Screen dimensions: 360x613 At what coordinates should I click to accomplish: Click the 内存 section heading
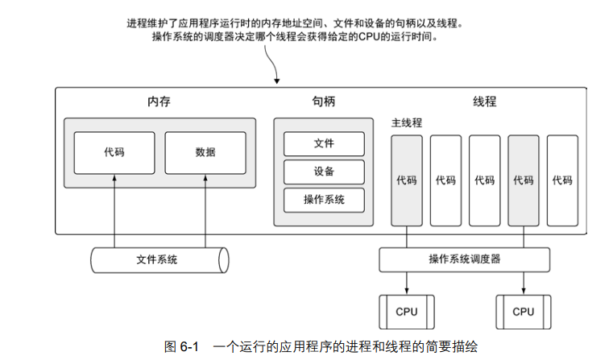tap(159, 102)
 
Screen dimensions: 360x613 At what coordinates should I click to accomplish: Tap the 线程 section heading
tap(484, 102)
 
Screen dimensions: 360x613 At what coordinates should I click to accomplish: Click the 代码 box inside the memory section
tap(114, 151)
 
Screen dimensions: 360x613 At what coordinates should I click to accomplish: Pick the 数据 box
tap(205, 151)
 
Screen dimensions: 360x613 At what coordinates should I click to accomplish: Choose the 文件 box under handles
tap(324, 143)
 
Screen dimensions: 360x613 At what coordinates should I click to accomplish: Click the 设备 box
tap(324, 172)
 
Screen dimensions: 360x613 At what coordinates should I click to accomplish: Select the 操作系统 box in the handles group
tap(324, 199)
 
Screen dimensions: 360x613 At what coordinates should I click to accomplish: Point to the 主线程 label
tap(407, 123)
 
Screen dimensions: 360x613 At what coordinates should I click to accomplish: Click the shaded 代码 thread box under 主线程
tap(407, 180)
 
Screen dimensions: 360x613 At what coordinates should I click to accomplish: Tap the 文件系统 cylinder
tap(158, 259)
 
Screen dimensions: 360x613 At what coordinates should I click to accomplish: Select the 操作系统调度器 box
tap(465, 259)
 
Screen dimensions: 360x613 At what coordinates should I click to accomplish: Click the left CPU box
tap(407, 312)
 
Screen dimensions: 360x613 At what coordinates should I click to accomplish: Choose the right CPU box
tap(524, 312)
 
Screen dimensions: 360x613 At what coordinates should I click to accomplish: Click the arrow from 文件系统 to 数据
tap(205, 209)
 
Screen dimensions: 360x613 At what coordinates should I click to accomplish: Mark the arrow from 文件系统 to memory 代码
tap(114, 209)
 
